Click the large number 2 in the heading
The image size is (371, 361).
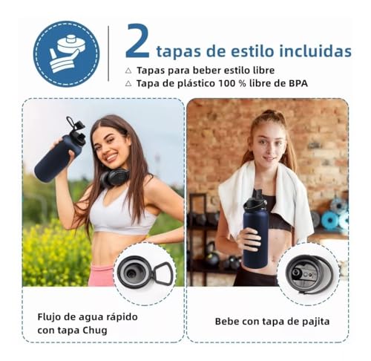pos(137,41)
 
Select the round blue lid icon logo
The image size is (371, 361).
pos(66,53)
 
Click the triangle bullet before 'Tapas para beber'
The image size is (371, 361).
pos(128,70)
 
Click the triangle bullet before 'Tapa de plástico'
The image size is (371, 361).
pos(128,83)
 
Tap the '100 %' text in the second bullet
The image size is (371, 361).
pos(226,83)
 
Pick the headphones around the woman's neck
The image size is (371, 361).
pos(114,178)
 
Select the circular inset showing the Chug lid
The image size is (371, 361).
pos(144,273)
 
